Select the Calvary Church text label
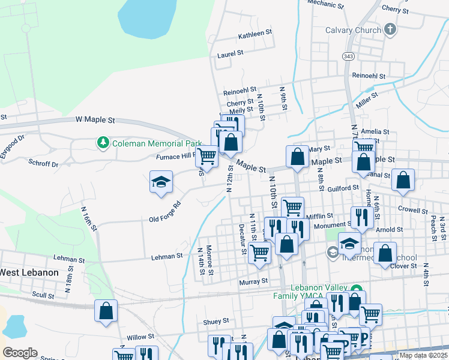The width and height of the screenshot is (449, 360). click(353, 30)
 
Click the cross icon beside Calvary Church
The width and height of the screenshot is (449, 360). click(390, 29)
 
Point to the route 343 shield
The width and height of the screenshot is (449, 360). click(349, 56)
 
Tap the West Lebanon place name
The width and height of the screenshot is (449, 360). click(29, 272)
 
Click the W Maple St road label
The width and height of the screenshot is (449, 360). click(95, 120)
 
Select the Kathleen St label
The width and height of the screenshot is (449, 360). click(255, 35)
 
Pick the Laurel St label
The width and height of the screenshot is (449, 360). click(230, 53)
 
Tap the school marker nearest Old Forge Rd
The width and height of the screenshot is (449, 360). click(161, 182)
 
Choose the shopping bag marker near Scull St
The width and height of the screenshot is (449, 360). click(106, 311)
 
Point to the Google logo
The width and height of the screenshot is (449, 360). click(20, 352)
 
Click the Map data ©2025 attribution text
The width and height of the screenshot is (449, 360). click(423, 355)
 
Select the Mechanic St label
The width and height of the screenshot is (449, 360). click(325, 4)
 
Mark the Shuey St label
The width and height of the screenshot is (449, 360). click(216, 322)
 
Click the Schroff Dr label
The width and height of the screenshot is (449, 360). click(43, 163)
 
